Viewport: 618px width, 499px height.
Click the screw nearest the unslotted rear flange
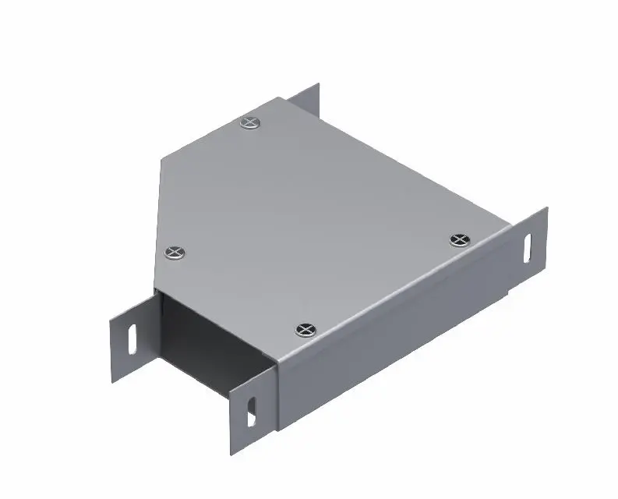[x=249, y=122]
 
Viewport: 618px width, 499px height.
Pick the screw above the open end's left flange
[x=175, y=252]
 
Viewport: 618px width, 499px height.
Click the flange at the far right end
[x=530, y=249]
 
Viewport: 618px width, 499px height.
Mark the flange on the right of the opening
[x=252, y=413]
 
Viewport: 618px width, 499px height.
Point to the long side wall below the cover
[x=390, y=327]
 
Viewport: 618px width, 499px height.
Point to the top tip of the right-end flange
[x=546, y=209]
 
